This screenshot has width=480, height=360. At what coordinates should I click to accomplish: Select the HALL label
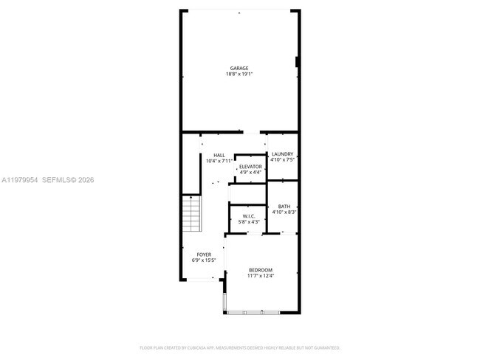tap(219, 155)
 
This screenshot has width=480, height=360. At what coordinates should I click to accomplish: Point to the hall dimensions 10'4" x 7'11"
tap(219, 160)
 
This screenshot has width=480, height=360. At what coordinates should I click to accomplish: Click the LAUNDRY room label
tap(283, 154)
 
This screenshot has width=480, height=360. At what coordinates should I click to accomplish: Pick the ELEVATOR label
tap(250, 167)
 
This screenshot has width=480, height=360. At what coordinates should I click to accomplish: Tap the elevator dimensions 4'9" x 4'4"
tap(250, 172)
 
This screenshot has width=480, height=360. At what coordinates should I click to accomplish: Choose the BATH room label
tap(284, 207)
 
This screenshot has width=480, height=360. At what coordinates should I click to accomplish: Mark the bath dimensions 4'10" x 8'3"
tap(284, 212)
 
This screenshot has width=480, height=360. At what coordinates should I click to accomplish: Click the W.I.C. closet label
tap(249, 216)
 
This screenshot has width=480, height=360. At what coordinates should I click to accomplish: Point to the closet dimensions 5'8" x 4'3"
tap(249, 221)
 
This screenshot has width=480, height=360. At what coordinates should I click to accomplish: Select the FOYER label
tap(204, 255)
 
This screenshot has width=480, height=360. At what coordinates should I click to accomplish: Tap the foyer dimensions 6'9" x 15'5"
tap(204, 260)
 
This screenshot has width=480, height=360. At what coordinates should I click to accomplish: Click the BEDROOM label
tap(261, 270)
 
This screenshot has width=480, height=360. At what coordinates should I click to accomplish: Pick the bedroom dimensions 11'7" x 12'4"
tap(261, 276)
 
